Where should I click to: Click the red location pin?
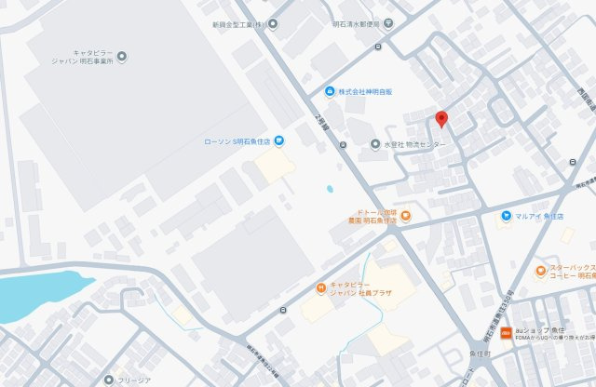tap(441, 119)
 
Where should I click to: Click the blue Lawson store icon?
tap(279, 140)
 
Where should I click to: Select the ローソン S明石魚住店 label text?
tap(237, 141)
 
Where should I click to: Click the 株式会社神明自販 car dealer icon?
tap(330, 91)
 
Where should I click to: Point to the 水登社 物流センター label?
tap(415, 145)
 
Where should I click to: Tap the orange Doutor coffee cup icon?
tap(405, 217)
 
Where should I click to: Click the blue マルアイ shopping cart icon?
tap(505, 216)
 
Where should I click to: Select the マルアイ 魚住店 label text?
tap(540, 216)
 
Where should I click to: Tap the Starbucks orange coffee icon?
tap(541, 271)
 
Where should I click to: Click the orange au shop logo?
tap(505, 332)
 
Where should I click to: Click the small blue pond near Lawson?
tap(329, 190)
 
